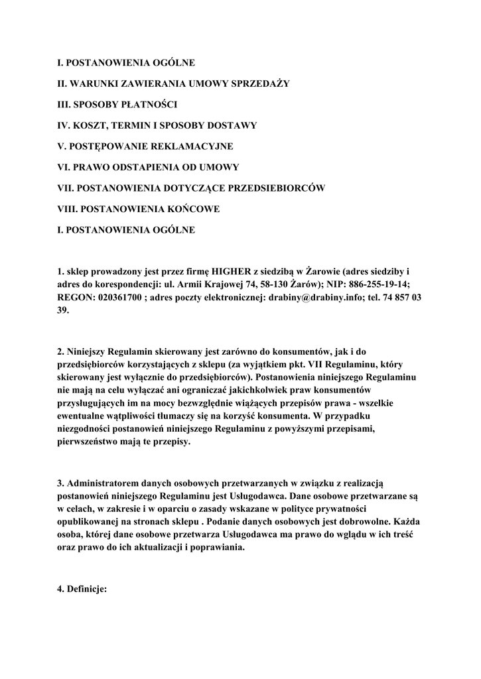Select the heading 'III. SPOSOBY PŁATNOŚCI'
[x=117, y=104]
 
